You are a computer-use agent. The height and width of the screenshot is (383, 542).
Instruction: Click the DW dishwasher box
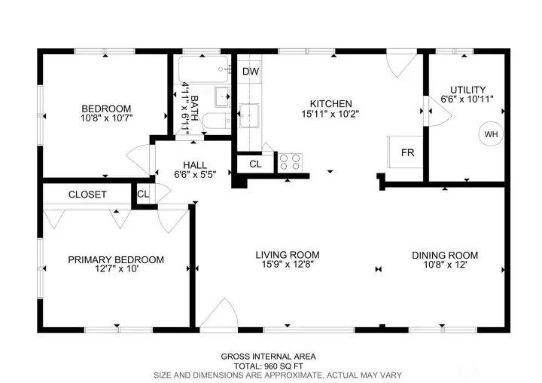pos(251,72)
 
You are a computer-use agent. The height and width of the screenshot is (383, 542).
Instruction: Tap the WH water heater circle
pos(491,134)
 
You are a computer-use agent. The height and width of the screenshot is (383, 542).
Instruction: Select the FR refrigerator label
pos(407,152)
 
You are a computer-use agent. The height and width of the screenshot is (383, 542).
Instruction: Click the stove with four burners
pos(291,161)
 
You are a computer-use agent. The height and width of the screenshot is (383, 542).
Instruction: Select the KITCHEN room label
pos(331,103)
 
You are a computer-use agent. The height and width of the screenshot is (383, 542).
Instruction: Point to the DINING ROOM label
pos(445,254)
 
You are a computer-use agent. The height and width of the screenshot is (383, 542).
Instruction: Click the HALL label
pos(195,164)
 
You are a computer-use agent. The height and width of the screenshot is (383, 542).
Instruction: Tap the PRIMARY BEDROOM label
pos(116,259)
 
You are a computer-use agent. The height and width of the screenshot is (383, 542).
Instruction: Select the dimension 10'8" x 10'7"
pos(106,118)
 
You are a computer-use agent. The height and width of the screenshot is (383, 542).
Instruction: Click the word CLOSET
pos(87,195)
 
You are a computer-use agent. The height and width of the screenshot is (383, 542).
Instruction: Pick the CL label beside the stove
pos(255,163)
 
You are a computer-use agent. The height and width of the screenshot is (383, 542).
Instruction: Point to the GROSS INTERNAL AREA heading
pos(268,357)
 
